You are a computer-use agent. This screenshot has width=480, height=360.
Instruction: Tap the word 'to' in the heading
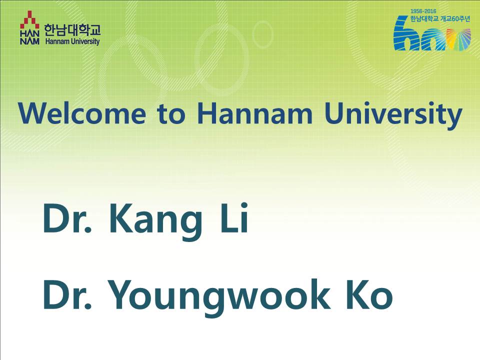[x=171, y=113]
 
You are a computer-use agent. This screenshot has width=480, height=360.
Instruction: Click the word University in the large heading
[x=393, y=115]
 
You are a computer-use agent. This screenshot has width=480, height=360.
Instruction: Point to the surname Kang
[x=156, y=220]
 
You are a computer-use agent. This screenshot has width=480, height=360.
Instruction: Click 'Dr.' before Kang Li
[x=67, y=218]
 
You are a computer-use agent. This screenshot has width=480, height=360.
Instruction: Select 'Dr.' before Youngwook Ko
[x=67, y=294]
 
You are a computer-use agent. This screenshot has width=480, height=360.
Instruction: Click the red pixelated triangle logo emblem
[x=29, y=20]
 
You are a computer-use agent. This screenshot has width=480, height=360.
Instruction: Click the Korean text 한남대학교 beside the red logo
[x=72, y=30]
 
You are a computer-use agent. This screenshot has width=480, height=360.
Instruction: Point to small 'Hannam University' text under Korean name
[x=72, y=41]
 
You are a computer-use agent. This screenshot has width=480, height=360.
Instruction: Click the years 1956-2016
[x=423, y=11]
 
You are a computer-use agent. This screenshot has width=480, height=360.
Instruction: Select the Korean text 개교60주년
[x=455, y=18]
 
